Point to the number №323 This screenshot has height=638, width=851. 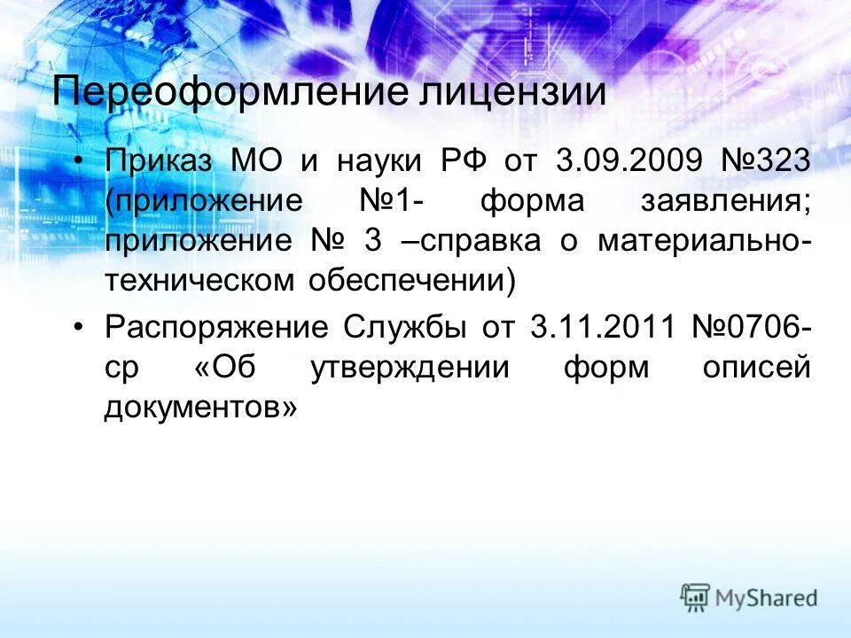point(762,162)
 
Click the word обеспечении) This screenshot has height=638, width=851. point(410,281)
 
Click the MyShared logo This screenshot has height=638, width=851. point(749,597)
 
